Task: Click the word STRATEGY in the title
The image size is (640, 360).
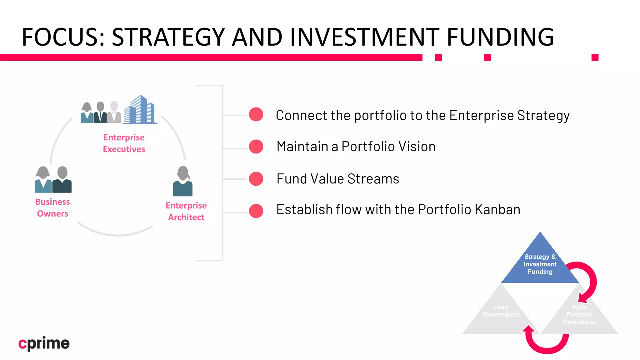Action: click(168, 37)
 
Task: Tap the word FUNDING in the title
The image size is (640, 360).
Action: click(500, 37)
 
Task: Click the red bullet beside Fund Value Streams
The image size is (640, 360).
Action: click(256, 179)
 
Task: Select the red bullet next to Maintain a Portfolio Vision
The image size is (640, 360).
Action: click(256, 147)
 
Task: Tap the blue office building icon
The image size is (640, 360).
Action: click(140, 110)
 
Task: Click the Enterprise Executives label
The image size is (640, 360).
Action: click(124, 143)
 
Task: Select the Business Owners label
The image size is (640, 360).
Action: click(52, 207)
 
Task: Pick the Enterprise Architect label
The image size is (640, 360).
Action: click(186, 211)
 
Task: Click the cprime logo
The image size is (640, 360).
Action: click(44, 343)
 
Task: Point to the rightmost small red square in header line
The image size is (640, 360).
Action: click(595, 57)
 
